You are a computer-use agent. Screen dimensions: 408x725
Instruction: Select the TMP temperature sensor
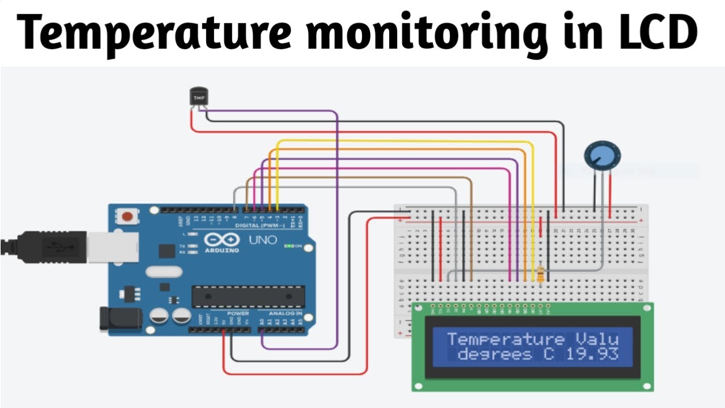[x=198, y=97]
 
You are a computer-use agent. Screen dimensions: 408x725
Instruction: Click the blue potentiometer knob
[x=602, y=156]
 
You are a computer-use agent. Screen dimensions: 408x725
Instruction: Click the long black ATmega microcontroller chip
[x=248, y=297]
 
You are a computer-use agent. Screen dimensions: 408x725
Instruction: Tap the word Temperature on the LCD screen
[x=505, y=339]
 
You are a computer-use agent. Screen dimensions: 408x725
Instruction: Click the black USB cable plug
[x=51, y=247]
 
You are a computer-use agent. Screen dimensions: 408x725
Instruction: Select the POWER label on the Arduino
[x=238, y=313]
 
